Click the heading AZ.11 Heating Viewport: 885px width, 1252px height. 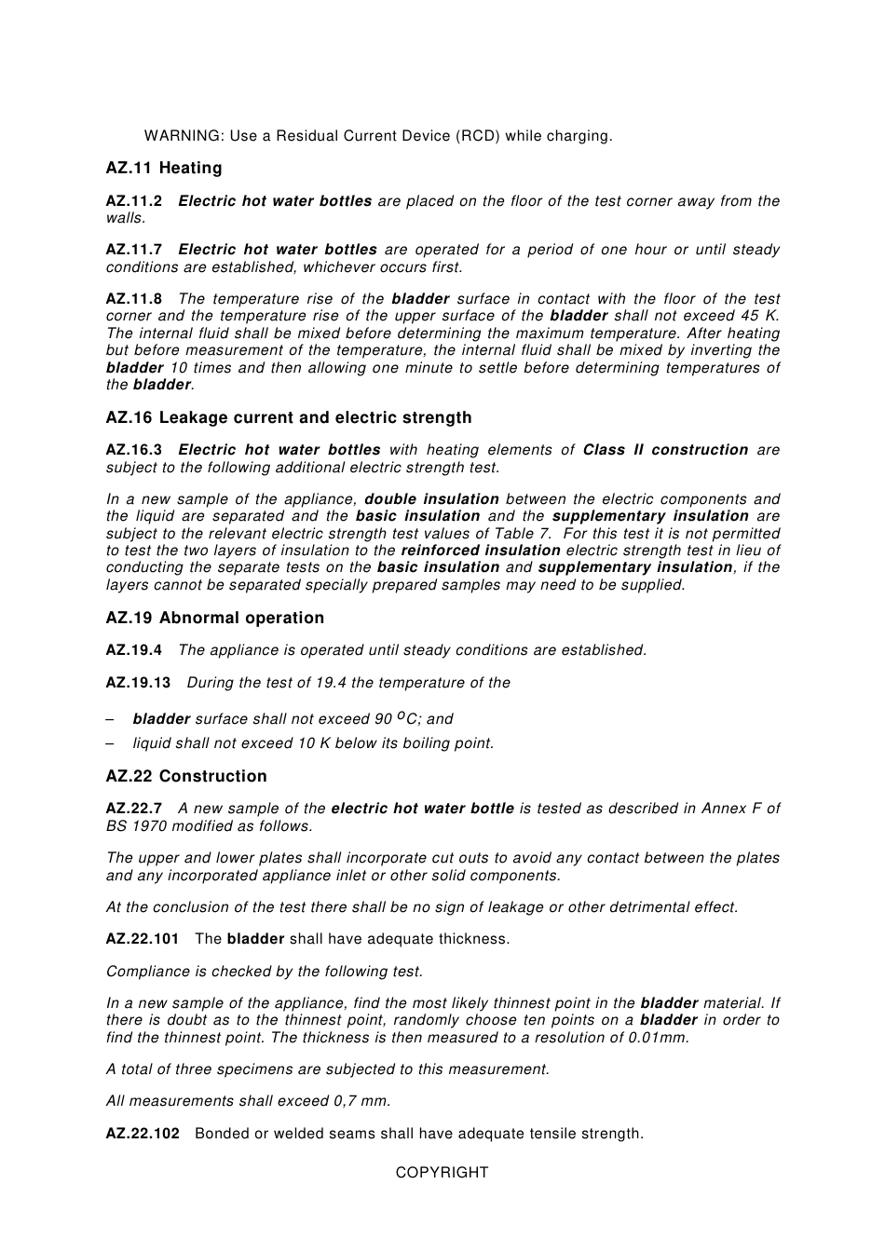coord(164,169)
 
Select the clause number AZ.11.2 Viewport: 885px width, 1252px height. coord(134,201)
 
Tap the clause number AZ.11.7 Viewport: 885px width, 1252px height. coord(134,250)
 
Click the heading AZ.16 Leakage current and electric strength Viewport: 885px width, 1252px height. coord(289,418)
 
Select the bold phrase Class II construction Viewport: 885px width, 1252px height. coord(665,450)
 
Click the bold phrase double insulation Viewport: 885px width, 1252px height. coord(431,499)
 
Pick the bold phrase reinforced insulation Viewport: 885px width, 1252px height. coord(481,551)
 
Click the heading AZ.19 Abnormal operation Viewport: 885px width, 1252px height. coord(215,619)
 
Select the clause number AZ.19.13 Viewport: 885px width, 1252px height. coord(139,683)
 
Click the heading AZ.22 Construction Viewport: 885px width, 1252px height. coord(186,777)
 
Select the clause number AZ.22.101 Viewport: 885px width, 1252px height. coord(143,939)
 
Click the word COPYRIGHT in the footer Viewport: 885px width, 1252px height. coord(442,1173)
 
